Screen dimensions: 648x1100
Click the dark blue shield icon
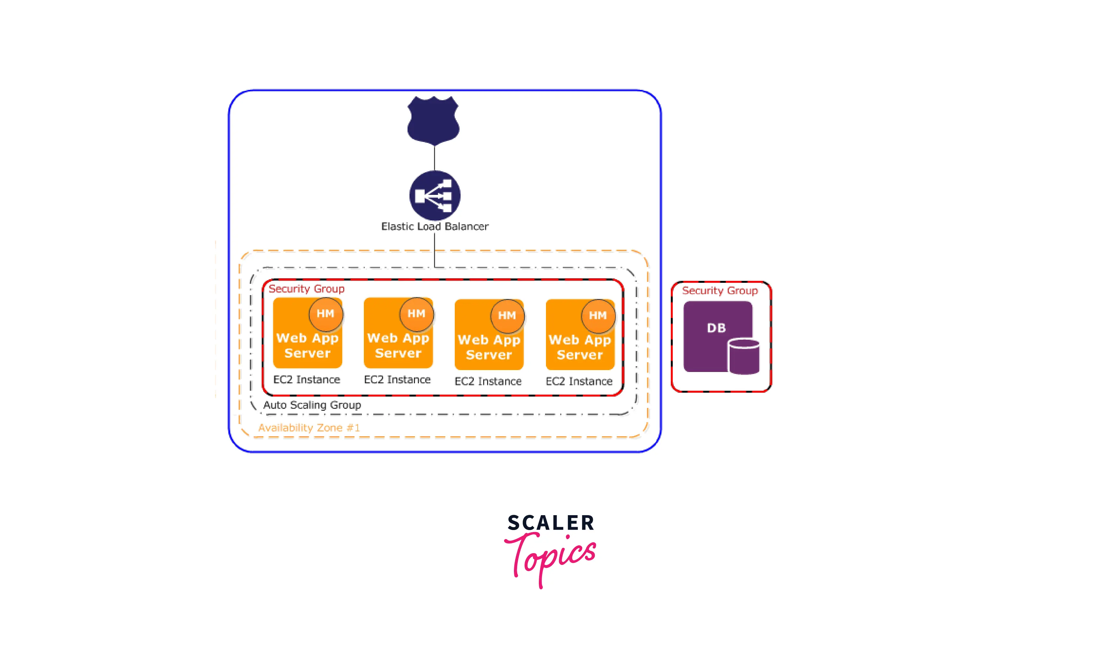(433, 121)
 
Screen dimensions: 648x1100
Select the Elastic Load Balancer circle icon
(435, 195)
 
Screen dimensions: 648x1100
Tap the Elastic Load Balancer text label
(435, 226)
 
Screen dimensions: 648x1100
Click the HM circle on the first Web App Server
(325, 314)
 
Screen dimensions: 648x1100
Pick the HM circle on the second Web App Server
(416, 314)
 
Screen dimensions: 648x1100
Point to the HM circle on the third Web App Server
(507, 316)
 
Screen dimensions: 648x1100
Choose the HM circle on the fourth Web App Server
(598, 316)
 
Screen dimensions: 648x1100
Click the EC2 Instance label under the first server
(307, 379)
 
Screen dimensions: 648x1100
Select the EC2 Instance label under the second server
(398, 379)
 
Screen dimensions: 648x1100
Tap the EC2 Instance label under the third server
(488, 381)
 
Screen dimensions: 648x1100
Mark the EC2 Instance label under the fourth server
(579, 381)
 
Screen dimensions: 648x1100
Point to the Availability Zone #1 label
(309, 428)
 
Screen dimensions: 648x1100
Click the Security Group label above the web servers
(307, 289)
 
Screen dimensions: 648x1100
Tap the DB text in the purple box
(716, 328)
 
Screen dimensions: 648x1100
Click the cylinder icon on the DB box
(744, 357)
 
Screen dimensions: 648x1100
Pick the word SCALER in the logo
(551, 523)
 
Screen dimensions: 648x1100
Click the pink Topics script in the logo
(551, 555)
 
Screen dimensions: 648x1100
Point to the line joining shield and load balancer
(434, 158)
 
